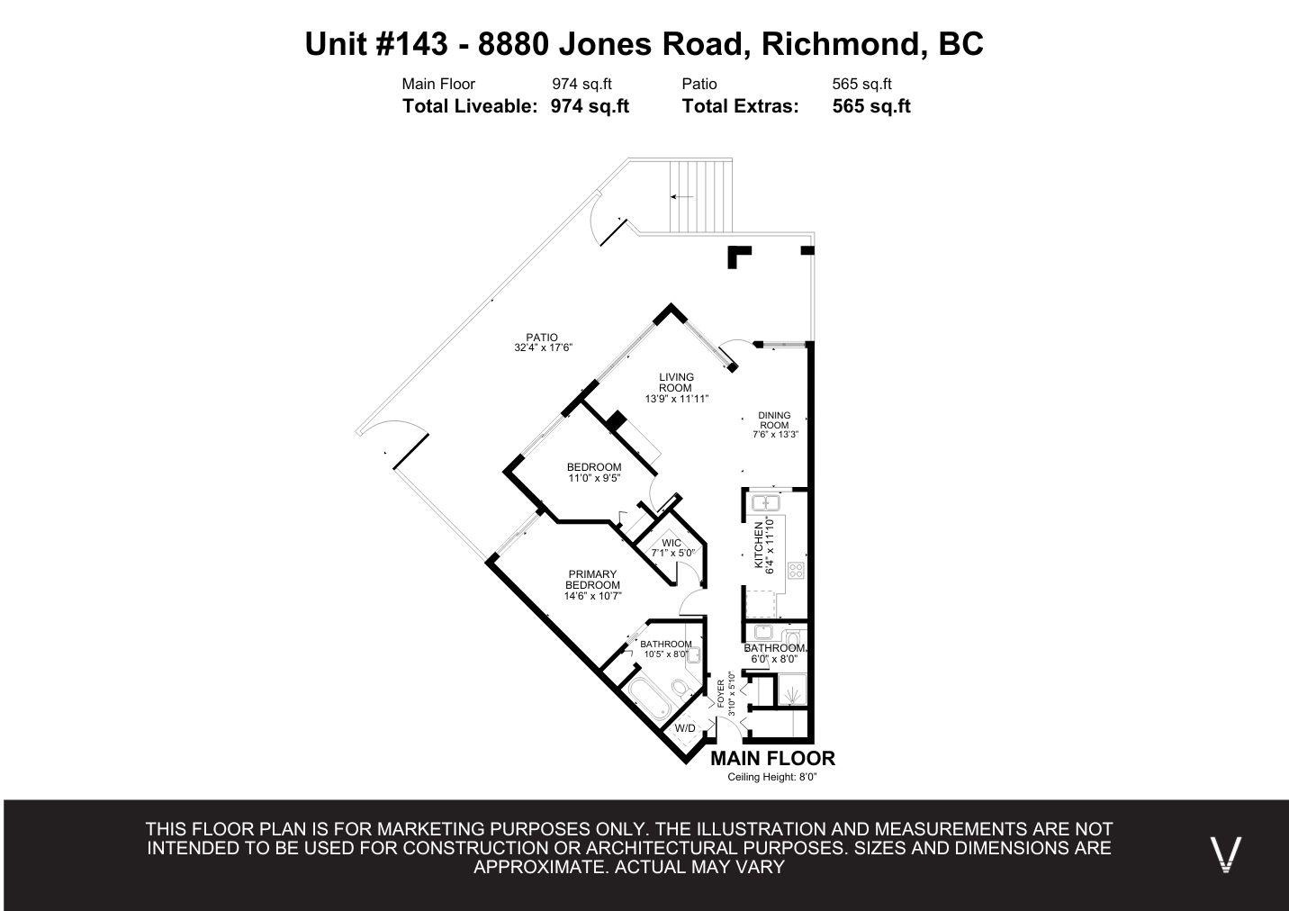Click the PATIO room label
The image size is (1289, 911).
tap(542, 338)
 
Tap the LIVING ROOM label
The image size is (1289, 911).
tap(676, 383)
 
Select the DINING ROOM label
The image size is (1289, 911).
tap(774, 420)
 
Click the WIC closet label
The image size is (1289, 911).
tap(672, 543)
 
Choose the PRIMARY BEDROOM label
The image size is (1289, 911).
tap(592, 580)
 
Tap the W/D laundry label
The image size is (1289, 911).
tap(684, 727)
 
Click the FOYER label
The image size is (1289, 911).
tap(720, 691)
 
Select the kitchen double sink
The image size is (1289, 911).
tap(766, 502)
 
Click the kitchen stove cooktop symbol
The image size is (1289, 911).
tap(796, 569)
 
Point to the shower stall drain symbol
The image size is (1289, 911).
tap(790, 695)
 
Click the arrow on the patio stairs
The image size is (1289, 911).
tap(681, 196)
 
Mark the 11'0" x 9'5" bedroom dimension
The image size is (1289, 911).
tap(593, 479)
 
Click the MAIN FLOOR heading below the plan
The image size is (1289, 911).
tap(772, 758)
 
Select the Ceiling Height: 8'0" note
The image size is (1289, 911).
tap(772, 778)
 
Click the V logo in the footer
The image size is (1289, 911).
tap(1225, 853)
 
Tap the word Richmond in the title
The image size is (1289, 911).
tap(839, 43)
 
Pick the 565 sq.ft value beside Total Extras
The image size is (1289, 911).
tap(870, 106)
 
